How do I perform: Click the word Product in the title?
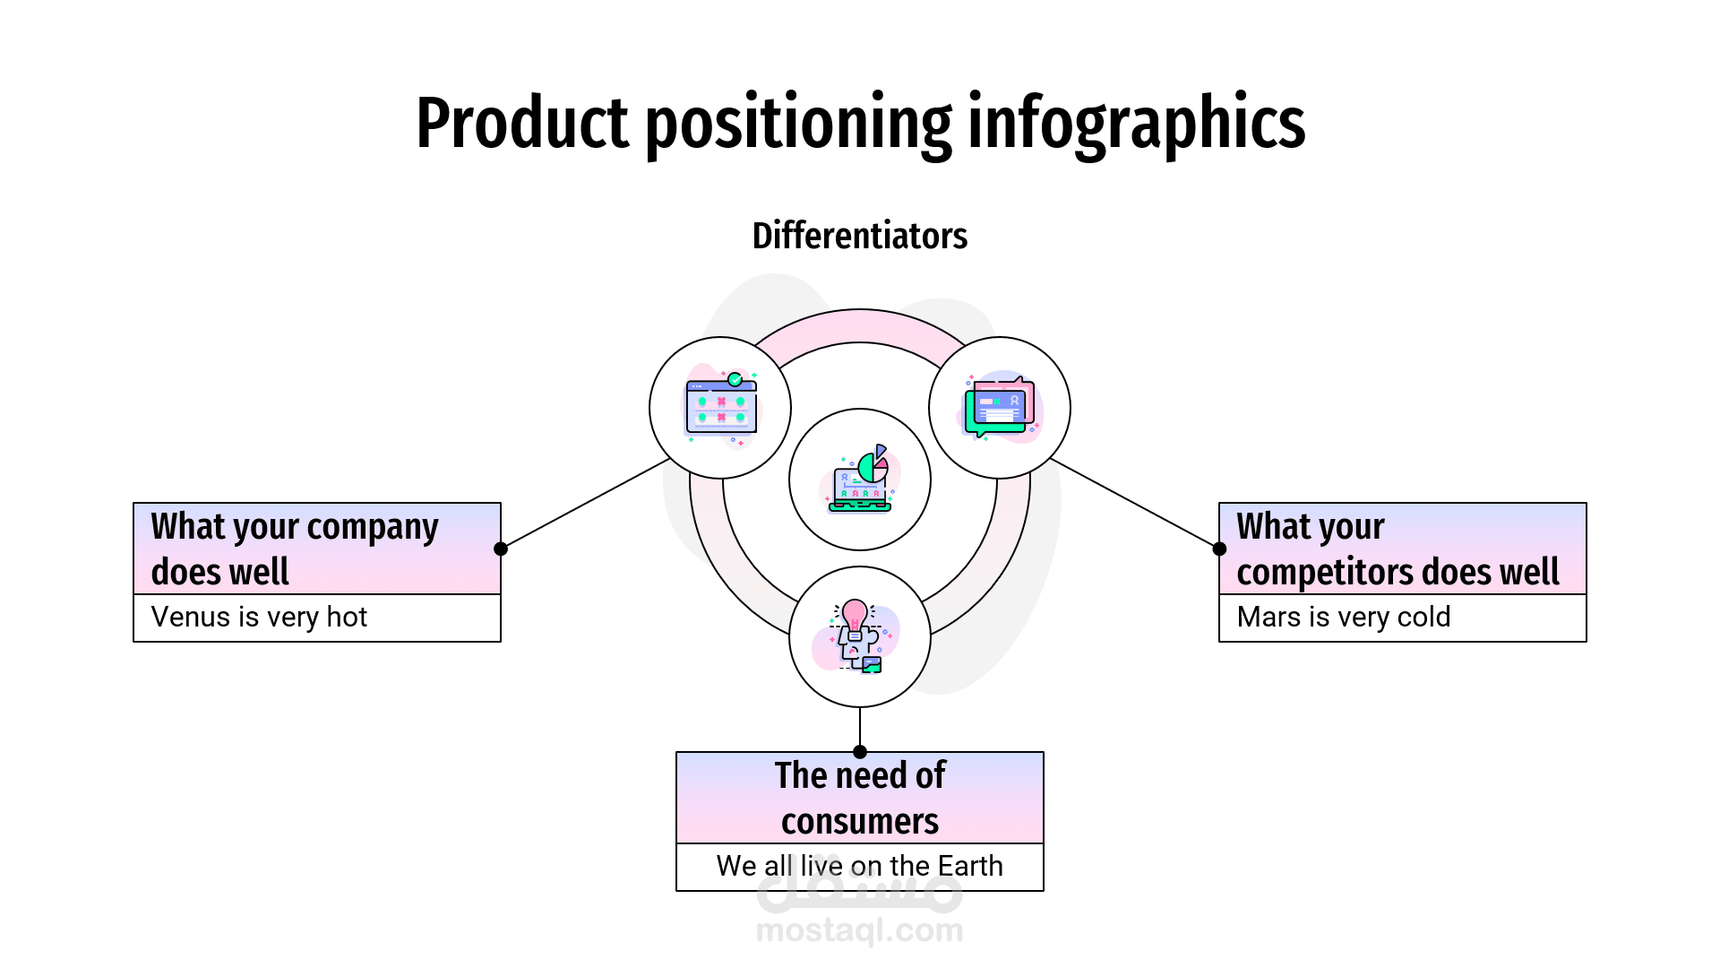(522, 124)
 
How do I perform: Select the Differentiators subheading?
(859, 236)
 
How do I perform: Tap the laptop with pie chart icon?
(860, 480)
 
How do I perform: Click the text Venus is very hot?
(259, 618)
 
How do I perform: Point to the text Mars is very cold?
(1343, 618)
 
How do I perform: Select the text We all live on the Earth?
(859, 867)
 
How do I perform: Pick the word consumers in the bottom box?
(859, 822)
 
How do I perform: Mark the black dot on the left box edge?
(501, 549)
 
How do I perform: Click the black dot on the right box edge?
(1219, 549)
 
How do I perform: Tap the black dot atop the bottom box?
(860, 752)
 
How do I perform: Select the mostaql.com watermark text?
(859, 931)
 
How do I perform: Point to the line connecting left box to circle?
(587, 503)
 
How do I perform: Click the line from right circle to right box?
(1135, 504)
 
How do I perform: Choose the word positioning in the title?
(798, 124)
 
